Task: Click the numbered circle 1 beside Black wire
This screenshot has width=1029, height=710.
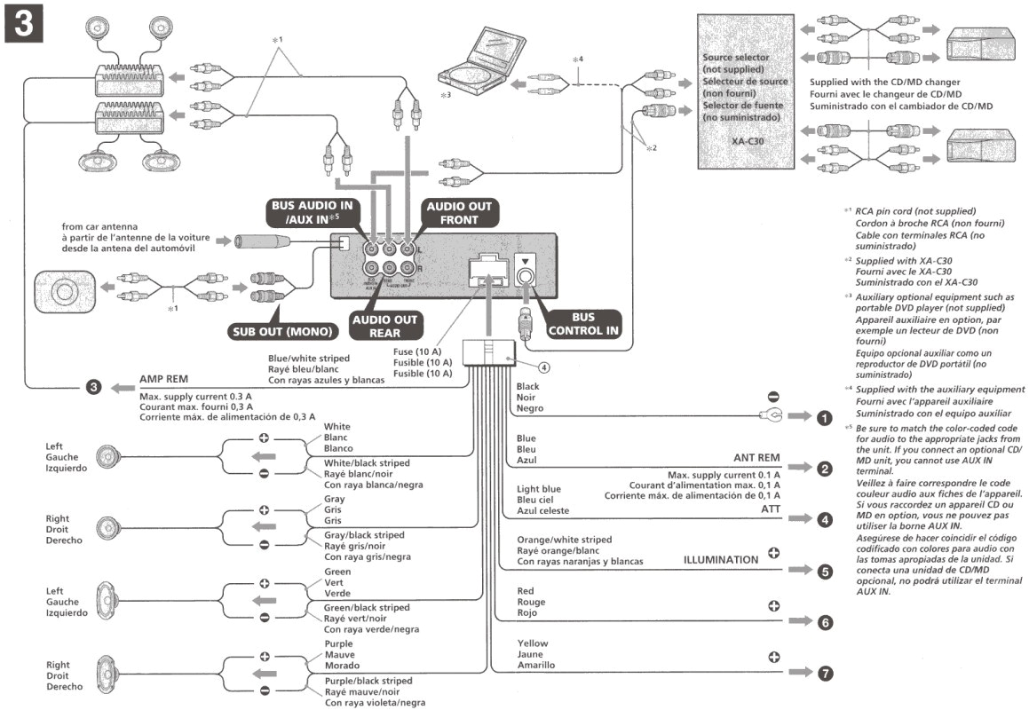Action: tap(825, 416)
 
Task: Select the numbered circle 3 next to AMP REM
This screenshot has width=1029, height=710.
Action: tap(94, 387)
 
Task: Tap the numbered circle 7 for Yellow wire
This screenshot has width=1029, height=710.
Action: tap(825, 674)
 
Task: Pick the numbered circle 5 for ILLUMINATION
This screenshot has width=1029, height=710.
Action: tap(825, 572)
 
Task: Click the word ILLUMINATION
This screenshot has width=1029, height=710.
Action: tap(720, 560)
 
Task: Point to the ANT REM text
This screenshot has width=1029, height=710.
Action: tap(756, 458)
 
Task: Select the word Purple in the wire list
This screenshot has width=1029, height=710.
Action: tap(338, 643)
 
